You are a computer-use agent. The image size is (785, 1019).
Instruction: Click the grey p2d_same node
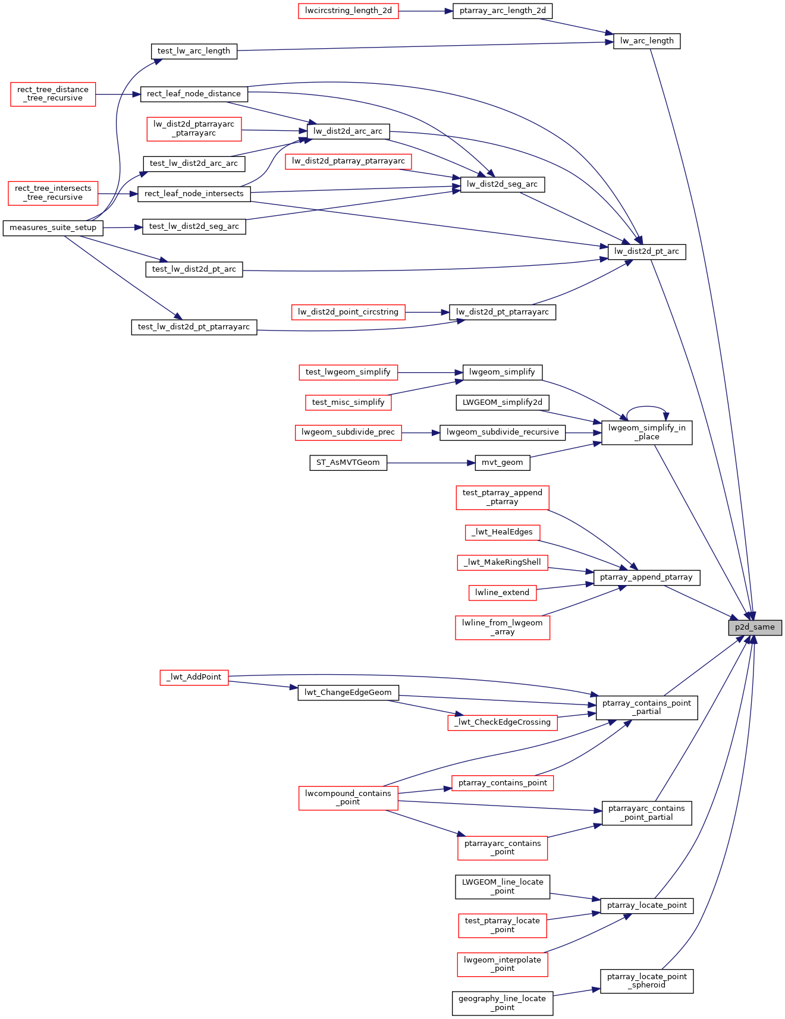(755, 627)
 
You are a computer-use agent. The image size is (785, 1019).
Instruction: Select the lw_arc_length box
(646, 41)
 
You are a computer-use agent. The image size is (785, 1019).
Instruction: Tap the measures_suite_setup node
(53, 228)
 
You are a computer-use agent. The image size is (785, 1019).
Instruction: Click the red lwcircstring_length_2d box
(348, 11)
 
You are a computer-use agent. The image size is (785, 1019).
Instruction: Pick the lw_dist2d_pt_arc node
(646, 251)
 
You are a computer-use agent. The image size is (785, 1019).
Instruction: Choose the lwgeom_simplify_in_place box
(646, 432)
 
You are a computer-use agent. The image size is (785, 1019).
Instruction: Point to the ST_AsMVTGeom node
(348, 463)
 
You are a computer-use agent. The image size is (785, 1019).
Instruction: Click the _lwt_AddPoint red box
(194, 677)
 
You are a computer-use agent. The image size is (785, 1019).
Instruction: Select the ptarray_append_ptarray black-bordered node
(646, 577)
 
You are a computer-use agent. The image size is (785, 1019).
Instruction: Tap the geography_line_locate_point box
(502, 1003)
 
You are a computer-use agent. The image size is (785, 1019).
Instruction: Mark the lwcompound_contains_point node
(348, 798)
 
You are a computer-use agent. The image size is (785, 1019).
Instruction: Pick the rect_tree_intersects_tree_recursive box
(53, 193)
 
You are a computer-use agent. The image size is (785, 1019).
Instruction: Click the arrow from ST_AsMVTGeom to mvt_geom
(431, 463)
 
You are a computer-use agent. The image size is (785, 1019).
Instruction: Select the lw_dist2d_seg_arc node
(502, 184)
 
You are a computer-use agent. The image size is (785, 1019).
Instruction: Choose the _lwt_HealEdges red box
(502, 532)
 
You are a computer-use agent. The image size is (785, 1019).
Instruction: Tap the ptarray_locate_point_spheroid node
(646, 981)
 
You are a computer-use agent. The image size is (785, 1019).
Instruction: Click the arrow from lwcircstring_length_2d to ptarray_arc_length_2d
(426, 11)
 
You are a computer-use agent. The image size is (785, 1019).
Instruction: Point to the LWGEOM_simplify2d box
(502, 402)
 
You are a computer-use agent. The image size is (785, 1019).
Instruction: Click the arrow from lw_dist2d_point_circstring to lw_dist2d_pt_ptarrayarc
(428, 312)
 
